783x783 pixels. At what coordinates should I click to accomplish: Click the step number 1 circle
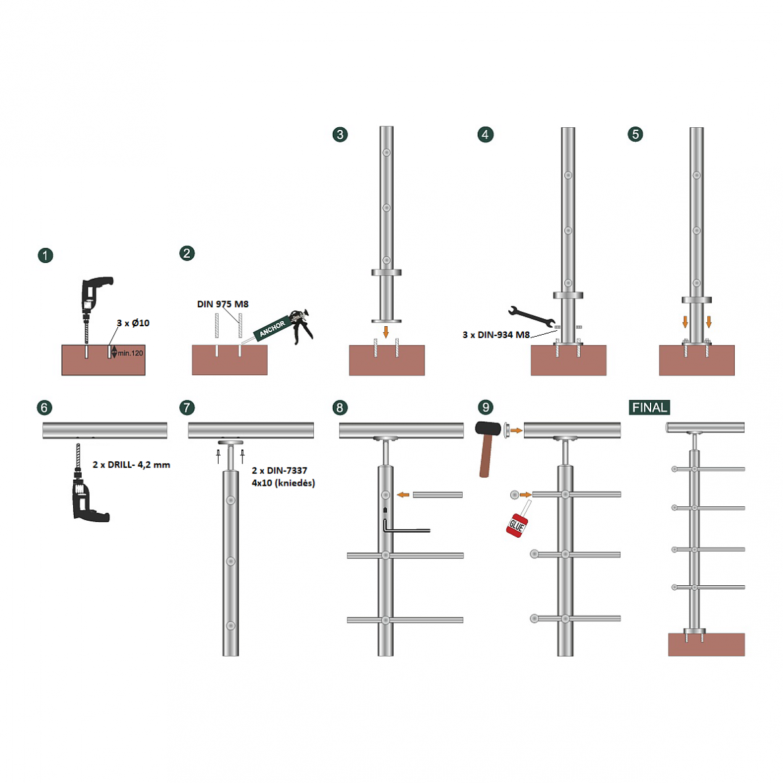(45, 256)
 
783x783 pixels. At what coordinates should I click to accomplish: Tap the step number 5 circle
(635, 134)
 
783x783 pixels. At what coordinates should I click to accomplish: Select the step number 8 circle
(340, 407)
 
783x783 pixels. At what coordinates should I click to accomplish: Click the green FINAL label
(649, 407)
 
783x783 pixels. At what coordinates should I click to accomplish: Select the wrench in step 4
(531, 316)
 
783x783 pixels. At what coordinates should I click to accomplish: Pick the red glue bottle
(518, 523)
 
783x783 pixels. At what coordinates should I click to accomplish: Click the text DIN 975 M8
(223, 304)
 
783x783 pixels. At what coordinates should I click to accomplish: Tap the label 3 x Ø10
(133, 323)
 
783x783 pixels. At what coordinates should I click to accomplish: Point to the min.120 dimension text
(130, 353)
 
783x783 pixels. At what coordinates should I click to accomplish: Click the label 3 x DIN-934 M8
(496, 335)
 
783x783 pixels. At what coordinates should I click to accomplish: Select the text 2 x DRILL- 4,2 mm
(131, 465)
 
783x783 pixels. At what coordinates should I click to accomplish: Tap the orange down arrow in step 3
(386, 332)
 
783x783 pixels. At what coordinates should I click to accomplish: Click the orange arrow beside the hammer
(516, 430)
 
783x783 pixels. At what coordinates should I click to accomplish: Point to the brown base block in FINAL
(706, 645)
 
